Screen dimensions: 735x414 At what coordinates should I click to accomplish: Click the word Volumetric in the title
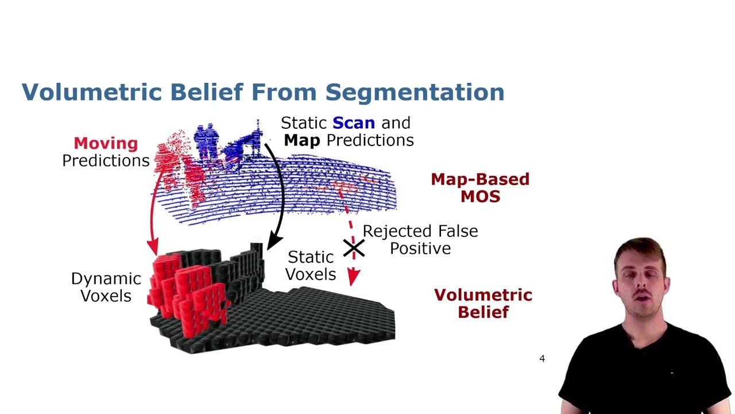pyautogui.click(x=92, y=92)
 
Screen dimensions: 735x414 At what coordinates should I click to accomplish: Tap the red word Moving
pyautogui.click(x=106, y=144)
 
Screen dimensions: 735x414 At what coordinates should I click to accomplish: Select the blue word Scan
pyautogui.click(x=354, y=123)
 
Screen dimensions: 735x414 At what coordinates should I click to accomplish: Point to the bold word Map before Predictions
pyautogui.click(x=302, y=140)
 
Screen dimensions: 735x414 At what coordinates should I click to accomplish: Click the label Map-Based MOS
pyautogui.click(x=480, y=188)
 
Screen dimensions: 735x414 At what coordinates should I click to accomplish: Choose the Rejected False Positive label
pyautogui.click(x=420, y=240)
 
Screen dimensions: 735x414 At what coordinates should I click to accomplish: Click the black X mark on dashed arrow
pyautogui.click(x=354, y=248)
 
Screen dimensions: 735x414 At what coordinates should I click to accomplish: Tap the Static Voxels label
pyautogui.click(x=311, y=266)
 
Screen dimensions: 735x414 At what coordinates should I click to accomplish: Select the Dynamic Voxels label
pyautogui.click(x=106, y=287)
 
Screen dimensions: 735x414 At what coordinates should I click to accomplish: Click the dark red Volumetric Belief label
pyautogui.click(x=483, y=304)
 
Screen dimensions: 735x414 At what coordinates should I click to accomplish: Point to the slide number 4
pyautogui.click(x=542, y=358)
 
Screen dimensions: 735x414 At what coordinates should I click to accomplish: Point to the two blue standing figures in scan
pyautogui.click(x=206, y=140)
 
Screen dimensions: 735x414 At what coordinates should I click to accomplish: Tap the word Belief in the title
pyautogui.click(x=207, y=92)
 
